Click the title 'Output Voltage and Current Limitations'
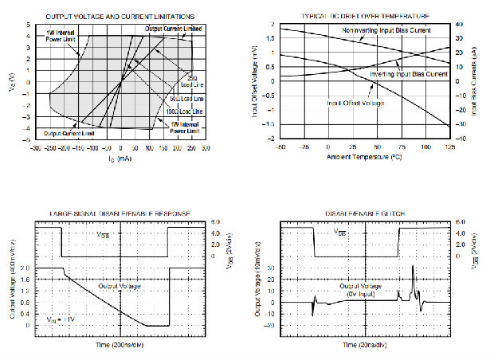tap(122, 16)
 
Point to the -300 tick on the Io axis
tap(35, 148)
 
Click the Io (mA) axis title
tap(119, 159)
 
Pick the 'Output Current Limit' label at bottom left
tap(64, 133)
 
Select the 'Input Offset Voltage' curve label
tap(355, 103)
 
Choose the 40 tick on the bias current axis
tap(459, 25)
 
